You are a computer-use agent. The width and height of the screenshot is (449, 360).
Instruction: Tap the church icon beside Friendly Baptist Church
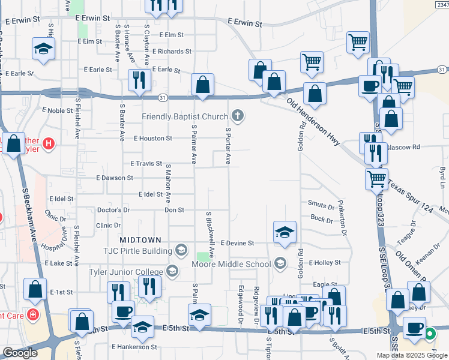(238, 115)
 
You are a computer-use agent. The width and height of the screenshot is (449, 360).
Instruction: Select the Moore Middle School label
(231, 264)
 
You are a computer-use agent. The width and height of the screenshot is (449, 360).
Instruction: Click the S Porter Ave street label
(228, 146)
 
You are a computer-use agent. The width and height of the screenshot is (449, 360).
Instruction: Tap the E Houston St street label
(153, 139)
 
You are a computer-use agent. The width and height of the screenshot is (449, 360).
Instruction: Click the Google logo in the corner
(20, 353)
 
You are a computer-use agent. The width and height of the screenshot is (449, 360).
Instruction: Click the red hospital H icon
(49, 144)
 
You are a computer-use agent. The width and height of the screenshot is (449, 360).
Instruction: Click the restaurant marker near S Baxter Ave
(139, 80)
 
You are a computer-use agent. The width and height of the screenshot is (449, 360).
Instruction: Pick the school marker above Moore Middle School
(285, 232)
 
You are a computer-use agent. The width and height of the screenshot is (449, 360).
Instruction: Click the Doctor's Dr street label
(113, 211)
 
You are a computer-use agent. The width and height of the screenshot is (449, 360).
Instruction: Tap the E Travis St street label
(146, 163)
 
